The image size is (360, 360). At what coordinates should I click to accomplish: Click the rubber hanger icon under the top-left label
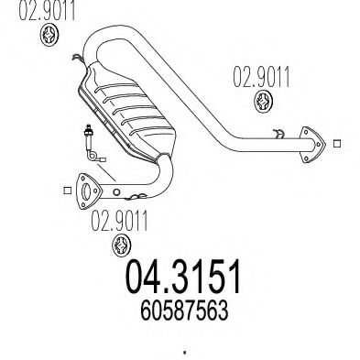(50, 36)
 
